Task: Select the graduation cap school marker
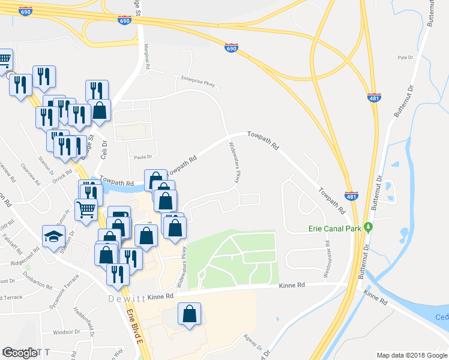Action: tap(53, 235)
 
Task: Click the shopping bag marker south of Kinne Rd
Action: tap(189, 313)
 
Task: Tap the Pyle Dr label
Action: tap(406, 58)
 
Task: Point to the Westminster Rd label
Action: tap(327, 259)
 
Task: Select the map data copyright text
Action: tap(412, 355)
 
